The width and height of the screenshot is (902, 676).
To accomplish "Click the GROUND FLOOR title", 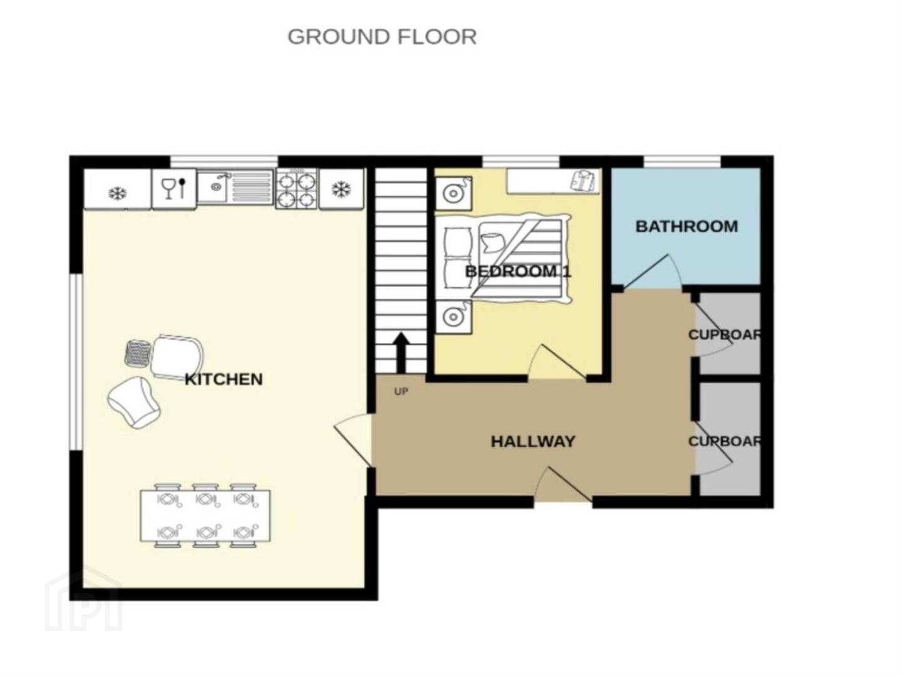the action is (x=382, y=37).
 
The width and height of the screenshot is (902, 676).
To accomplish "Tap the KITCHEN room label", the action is (x=224, y=379).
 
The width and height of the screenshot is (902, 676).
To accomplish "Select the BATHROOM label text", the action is (x=687, y=227).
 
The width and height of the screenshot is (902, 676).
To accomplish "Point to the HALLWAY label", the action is (x=533, y=442).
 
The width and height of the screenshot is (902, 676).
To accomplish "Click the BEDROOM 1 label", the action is (x=518, y=271).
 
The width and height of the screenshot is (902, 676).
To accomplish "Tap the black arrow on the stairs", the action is (x=402, y=353).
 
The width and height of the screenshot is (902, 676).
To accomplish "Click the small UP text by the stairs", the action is (x=401, y=392).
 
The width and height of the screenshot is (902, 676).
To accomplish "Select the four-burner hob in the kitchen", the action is (x=297, y=189).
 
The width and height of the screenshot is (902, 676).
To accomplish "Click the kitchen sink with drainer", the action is (x=235, y=187).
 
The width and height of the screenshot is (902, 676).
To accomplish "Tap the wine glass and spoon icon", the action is (x=174, y=189).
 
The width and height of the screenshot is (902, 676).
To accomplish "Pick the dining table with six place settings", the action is (x=205, y=516).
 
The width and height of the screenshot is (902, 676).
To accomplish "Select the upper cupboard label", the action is (x=725, y=334).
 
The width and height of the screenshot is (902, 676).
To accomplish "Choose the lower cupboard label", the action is (x=725, y=441).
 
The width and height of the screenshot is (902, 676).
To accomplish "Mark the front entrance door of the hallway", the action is (x=563, y=484).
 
